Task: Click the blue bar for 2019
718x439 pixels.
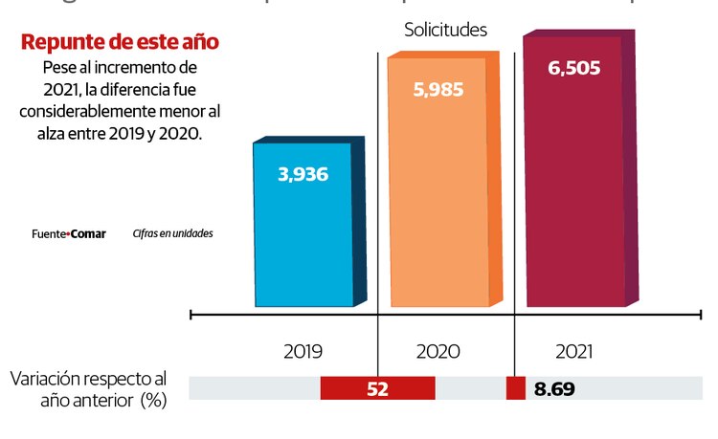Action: [x=303, y=239]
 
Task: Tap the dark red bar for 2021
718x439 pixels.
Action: [x=573, y=191]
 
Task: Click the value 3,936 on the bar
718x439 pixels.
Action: [x=303, y=174]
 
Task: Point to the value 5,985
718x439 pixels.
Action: [x=438, y=92]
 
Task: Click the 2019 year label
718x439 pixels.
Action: [x=303, y=352]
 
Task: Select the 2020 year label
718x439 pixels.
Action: [x=438, y=352]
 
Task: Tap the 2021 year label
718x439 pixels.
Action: [x=572, y=352]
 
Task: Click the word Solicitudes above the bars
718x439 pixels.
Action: [x=444, y=31]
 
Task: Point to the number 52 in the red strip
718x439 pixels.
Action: [x=377, y=389]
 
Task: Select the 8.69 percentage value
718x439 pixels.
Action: [x=554, y=389]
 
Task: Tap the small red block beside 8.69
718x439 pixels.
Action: [x=515, y=388]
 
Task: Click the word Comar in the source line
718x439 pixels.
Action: [x=88, y=233]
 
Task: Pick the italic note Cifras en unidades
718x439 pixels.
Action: [x=172, y=233]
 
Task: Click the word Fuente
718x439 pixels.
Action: [x=47, y=233]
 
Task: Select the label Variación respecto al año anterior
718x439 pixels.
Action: [x=88, y=388]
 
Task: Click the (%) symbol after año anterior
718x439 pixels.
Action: [x=153, y=400]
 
